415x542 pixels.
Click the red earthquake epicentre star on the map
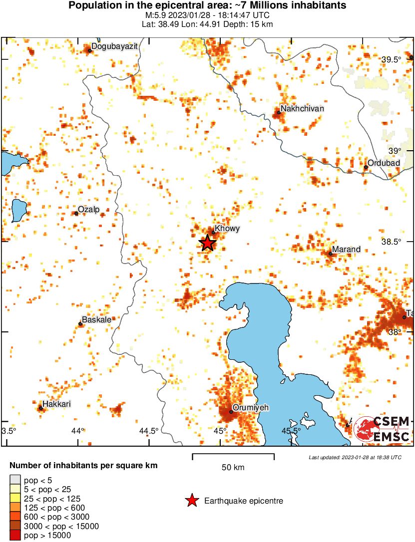click(x=208, y=243)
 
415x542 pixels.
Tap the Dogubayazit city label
click(x=114, y=46)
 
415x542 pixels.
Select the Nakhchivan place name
click(x=302, y=108)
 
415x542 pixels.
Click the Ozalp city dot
click(x=76, y=213)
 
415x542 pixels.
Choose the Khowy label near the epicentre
click(x=227, y=229)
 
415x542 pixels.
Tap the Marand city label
click(x=346, y=249)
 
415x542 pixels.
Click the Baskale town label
click(x=96, y=319)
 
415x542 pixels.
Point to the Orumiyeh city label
click(x=251, y=408)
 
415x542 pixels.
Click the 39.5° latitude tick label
click(x=392, y=60)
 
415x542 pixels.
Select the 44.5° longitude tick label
click(x=149, y=431)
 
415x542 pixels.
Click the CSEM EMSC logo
click(x=382, y=429)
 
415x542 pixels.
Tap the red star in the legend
click(x=192, y=501)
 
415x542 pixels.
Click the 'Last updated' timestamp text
click(x=355, y=457)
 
